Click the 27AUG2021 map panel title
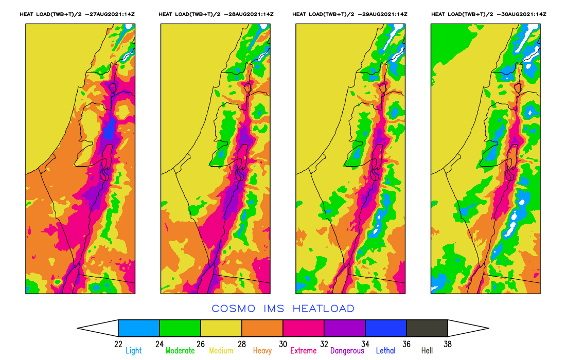coord(77,14)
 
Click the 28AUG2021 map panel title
coord(216,14)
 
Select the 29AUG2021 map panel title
coord(350,14)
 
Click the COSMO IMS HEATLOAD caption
coord(283,309)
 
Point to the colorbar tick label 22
coord(118,344)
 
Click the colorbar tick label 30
coord(283,344)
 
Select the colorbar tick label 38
coord(448,344)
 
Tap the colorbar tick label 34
coord(365,344)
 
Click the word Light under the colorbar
coord(134,351)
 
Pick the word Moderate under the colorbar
coord(180,351)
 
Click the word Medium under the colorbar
coord(221,351)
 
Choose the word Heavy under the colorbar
coord(263,351)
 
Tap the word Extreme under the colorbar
coord(304,351)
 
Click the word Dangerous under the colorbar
coord(347,351)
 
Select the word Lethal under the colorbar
coord(386,351)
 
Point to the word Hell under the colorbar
coord(427,351)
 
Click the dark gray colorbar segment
coord(427,328)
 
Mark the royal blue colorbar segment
coord(386,328)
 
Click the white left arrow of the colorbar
coord(100,328)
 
